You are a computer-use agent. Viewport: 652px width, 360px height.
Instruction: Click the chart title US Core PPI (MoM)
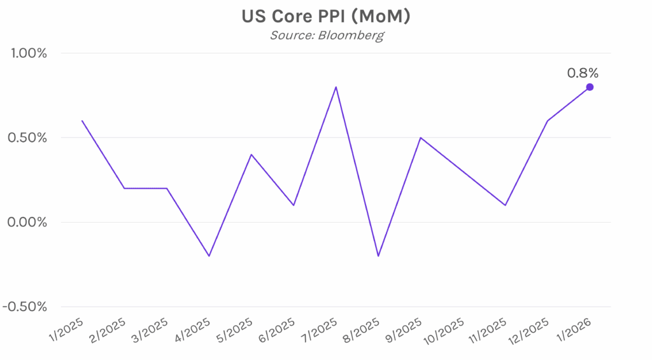click(x=325, y=17)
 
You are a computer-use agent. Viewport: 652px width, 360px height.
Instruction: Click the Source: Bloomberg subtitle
click(x=326, y=36)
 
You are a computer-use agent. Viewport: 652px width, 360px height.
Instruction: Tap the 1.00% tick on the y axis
click(x=26, y=53)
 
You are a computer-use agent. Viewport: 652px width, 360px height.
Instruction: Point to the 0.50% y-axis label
click(x=26, y=138)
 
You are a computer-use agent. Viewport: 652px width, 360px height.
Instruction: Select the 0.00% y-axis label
click(x=26, y=223)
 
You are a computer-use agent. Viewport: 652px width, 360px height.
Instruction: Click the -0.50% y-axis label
click(x=25, y=307)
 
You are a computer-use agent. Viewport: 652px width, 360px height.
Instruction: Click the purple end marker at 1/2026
click(x=590, y=87)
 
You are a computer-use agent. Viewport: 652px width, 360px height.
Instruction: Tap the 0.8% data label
click(x=583, y=73)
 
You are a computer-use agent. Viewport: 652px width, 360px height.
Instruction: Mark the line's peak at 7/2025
click(x=336, y=87)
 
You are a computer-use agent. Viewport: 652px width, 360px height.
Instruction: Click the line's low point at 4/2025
click(x=209, y=256)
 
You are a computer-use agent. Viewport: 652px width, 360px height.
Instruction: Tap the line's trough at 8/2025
click(x=378, y=256)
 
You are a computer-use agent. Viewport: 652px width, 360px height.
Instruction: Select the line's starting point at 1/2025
click(x=82, y=121)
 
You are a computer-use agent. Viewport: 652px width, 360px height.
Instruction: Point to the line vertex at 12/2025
click(x=548, y=121)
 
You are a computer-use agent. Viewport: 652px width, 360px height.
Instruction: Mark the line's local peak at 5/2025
click(x=252, y=155)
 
